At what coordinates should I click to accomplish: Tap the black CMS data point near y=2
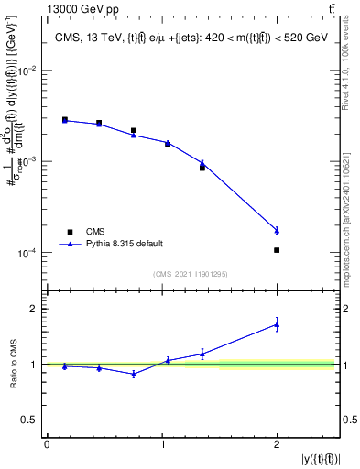click(277, 250)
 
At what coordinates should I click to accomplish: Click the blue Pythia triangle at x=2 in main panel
click(277, 230)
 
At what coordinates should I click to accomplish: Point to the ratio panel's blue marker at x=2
click(277, 324)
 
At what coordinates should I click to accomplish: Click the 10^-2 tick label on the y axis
click(27, 71)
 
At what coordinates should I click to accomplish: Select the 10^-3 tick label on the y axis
click(27, 161)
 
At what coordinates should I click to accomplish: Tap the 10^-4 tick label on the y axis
click(27, 253)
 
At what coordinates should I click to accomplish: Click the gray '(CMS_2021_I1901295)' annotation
click(191, 274)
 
